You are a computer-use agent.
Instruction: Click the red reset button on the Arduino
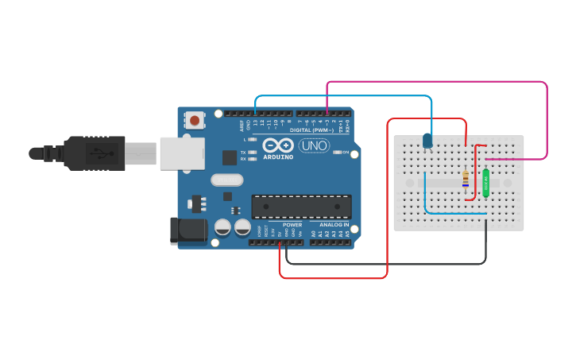(x=194, y=121)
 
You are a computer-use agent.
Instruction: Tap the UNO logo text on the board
(x=314, y=145)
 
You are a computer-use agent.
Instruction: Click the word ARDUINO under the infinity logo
(x=277, y=157)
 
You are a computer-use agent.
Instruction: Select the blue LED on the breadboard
(x=427, y=141)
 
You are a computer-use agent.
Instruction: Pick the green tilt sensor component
(x=485, y=183)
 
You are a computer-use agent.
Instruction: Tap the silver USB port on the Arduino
(x=183, y=153)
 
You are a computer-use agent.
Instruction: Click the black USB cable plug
(x=95, y=153)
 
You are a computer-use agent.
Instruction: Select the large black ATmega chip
(x=301, y=207)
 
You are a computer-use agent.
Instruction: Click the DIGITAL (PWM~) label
(x=311, y=130)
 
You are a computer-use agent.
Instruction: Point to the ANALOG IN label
(x=334, y=225)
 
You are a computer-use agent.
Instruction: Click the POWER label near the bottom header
(x=292, y=225)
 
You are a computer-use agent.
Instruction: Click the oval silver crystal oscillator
(x=226, y=180)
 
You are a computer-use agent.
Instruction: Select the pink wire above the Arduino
(x=437, y=82)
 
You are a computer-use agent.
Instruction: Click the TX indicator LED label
(x=243, y=152)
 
